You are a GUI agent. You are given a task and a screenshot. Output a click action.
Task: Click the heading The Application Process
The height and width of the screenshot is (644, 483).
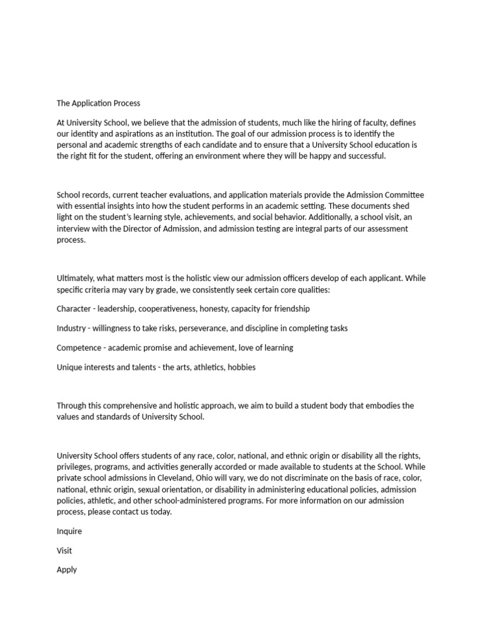[99, 103]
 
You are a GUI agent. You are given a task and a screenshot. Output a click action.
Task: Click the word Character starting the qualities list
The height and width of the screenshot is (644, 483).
[74, 309]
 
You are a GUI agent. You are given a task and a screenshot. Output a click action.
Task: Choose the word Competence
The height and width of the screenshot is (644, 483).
[79, 348]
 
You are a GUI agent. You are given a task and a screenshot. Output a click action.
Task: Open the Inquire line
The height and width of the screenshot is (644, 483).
[69, 531]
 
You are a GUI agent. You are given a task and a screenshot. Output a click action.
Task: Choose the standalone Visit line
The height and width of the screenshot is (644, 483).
[64, 551]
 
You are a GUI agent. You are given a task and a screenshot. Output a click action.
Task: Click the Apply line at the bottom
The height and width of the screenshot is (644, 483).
[67, 570]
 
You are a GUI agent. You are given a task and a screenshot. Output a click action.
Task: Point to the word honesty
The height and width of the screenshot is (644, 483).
[214, 309]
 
